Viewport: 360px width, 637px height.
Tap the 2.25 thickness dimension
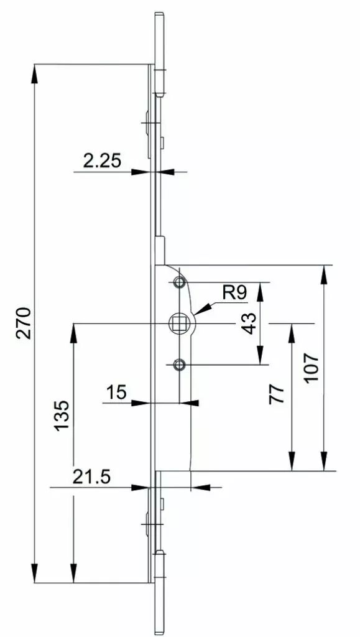(x=102, y=161)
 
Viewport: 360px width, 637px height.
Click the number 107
(x=312, y=368)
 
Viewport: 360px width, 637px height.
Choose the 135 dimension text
(x=62, y=416)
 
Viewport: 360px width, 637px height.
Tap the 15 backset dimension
(x=116, y=393)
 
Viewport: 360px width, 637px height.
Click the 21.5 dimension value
(x=91, y=477)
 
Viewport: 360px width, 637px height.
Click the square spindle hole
(x=180, y=323)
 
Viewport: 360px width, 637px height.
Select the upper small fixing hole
(x=179, y=282)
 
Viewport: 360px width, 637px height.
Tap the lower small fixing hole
(x=179, y=365)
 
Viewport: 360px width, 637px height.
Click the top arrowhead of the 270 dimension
(x=34, y=73)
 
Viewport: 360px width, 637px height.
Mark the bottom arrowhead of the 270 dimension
(x=34, y=573)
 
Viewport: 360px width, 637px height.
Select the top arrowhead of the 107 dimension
(x=323, y=274)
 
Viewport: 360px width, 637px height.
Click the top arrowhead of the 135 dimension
(x=73, y=333)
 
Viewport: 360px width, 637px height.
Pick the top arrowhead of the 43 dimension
(x=261, y=291)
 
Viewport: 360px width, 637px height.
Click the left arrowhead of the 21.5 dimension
(x=141, y=487)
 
